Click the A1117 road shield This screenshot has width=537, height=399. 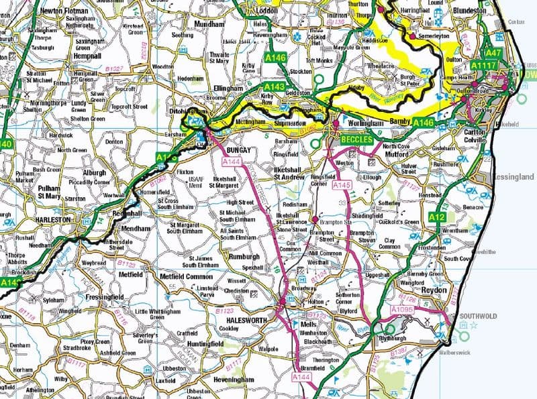point(483,66)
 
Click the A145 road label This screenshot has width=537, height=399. point(342,184)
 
